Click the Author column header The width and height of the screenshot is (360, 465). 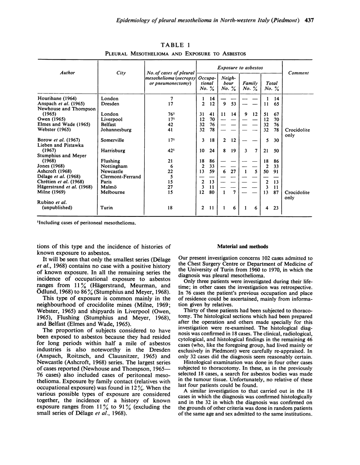coord(69,73)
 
